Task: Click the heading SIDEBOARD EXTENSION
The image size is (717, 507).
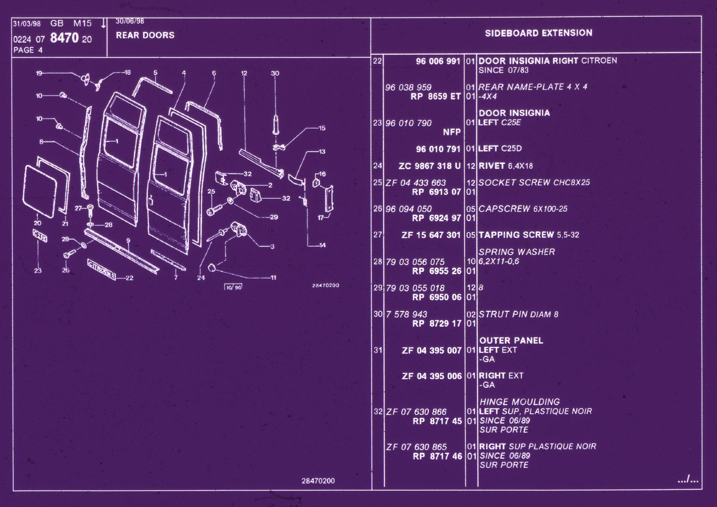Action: (538, 33)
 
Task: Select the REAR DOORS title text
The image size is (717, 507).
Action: (145, 35)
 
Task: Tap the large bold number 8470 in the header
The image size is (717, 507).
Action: (64, 38)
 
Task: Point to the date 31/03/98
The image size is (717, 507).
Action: (27, 24)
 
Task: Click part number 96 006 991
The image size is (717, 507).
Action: (438, 61)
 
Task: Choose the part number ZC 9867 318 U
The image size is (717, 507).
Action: (430, 166)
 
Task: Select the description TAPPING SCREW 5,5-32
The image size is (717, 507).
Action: (529, 235)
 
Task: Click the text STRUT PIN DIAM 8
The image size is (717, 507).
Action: (518, 314)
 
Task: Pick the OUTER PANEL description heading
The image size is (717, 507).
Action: (511, 341)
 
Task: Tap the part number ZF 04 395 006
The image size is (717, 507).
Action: (432, 376)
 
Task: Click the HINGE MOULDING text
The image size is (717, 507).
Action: (519, 402)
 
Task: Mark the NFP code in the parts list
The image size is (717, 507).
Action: (452, 132)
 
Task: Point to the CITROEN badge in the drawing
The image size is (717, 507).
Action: (102, 269)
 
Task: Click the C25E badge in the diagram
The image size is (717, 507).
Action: (40, 236)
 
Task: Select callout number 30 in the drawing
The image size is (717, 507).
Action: (275, 74)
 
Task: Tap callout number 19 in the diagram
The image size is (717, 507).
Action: (39, 73)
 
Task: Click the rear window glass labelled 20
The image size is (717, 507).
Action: (40, 191)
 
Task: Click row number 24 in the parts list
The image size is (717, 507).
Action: (378, 166)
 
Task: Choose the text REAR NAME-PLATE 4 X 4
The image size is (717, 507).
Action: (533, 87)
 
